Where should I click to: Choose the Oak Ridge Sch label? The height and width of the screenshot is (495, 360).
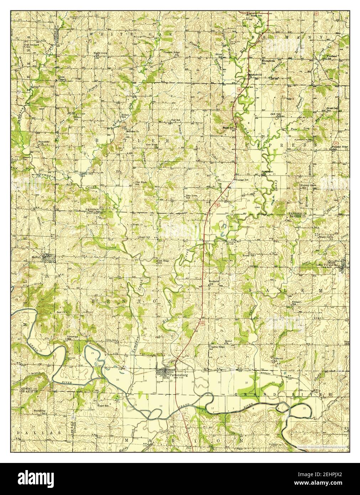click(163, 261)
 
